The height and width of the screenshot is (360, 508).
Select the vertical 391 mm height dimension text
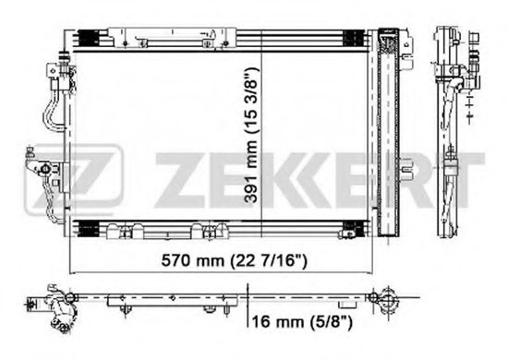click(x=251, y=135)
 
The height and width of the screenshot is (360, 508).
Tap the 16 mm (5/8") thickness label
click(x=302, y=322)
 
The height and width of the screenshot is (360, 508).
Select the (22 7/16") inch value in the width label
click(x=268, y=260)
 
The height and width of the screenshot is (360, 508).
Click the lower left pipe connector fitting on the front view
click(x=42, y=168)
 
